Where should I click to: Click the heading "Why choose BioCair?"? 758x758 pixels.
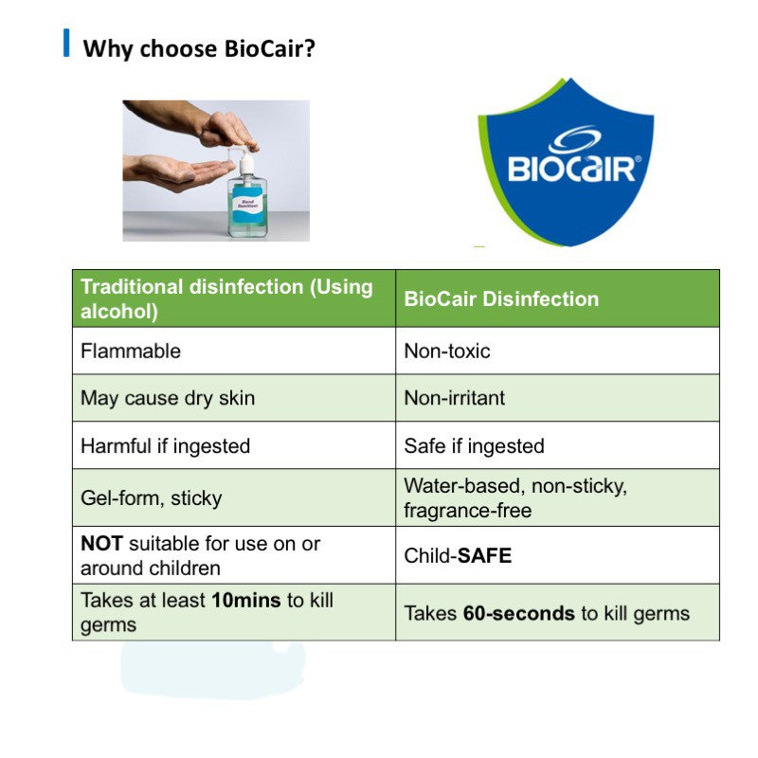coord(199,47)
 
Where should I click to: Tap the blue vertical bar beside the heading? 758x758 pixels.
coord(66,44)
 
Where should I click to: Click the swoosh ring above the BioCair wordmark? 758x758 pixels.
coord(573,140)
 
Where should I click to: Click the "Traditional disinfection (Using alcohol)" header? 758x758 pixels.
coord(227,298)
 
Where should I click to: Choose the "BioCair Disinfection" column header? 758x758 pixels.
coord(501,299)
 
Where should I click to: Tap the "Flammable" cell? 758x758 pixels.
coord(131,351)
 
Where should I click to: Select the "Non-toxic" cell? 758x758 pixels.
coord(447,351)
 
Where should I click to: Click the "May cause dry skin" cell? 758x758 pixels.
coord(168,398)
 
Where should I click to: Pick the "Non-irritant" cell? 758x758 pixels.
coord(455,398)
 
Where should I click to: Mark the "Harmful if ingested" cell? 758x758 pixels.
coord(165,445)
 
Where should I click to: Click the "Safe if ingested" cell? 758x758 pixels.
coord(474,445)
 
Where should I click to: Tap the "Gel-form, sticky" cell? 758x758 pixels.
coord(151,498)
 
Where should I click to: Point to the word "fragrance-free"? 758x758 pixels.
coord(468,511)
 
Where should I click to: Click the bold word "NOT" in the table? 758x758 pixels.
coord(101,544)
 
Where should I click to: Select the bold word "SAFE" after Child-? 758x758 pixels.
coord(484,556)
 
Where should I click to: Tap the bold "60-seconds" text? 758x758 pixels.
coord(518,613)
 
